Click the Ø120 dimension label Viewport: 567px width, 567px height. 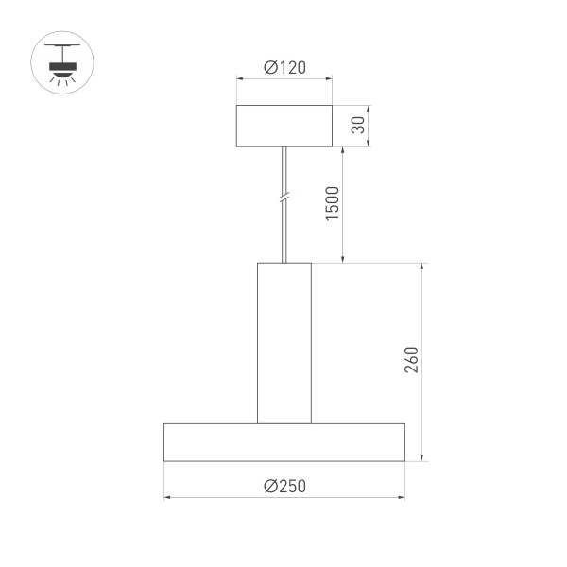point(284,68)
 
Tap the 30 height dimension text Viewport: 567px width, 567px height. point(357,126)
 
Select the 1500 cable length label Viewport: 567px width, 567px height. point(332,204)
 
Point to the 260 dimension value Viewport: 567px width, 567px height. point(410,361)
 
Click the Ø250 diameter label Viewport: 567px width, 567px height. point(284,486)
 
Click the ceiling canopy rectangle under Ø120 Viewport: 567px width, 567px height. point(284,126)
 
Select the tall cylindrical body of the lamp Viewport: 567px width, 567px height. point(284,342)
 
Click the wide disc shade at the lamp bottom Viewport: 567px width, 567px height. point(284,442)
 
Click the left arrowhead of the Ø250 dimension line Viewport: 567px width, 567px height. point(167,497)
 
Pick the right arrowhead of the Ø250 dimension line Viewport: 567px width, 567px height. point(402,497)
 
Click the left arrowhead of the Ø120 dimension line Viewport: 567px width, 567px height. point(239,79)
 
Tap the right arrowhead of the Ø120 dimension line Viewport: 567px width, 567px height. point(329,79)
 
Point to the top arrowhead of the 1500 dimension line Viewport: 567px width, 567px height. point(343,150)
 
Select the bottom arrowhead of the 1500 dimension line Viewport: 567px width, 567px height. point(343,259)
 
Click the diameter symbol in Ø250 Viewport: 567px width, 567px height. point(270,486)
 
